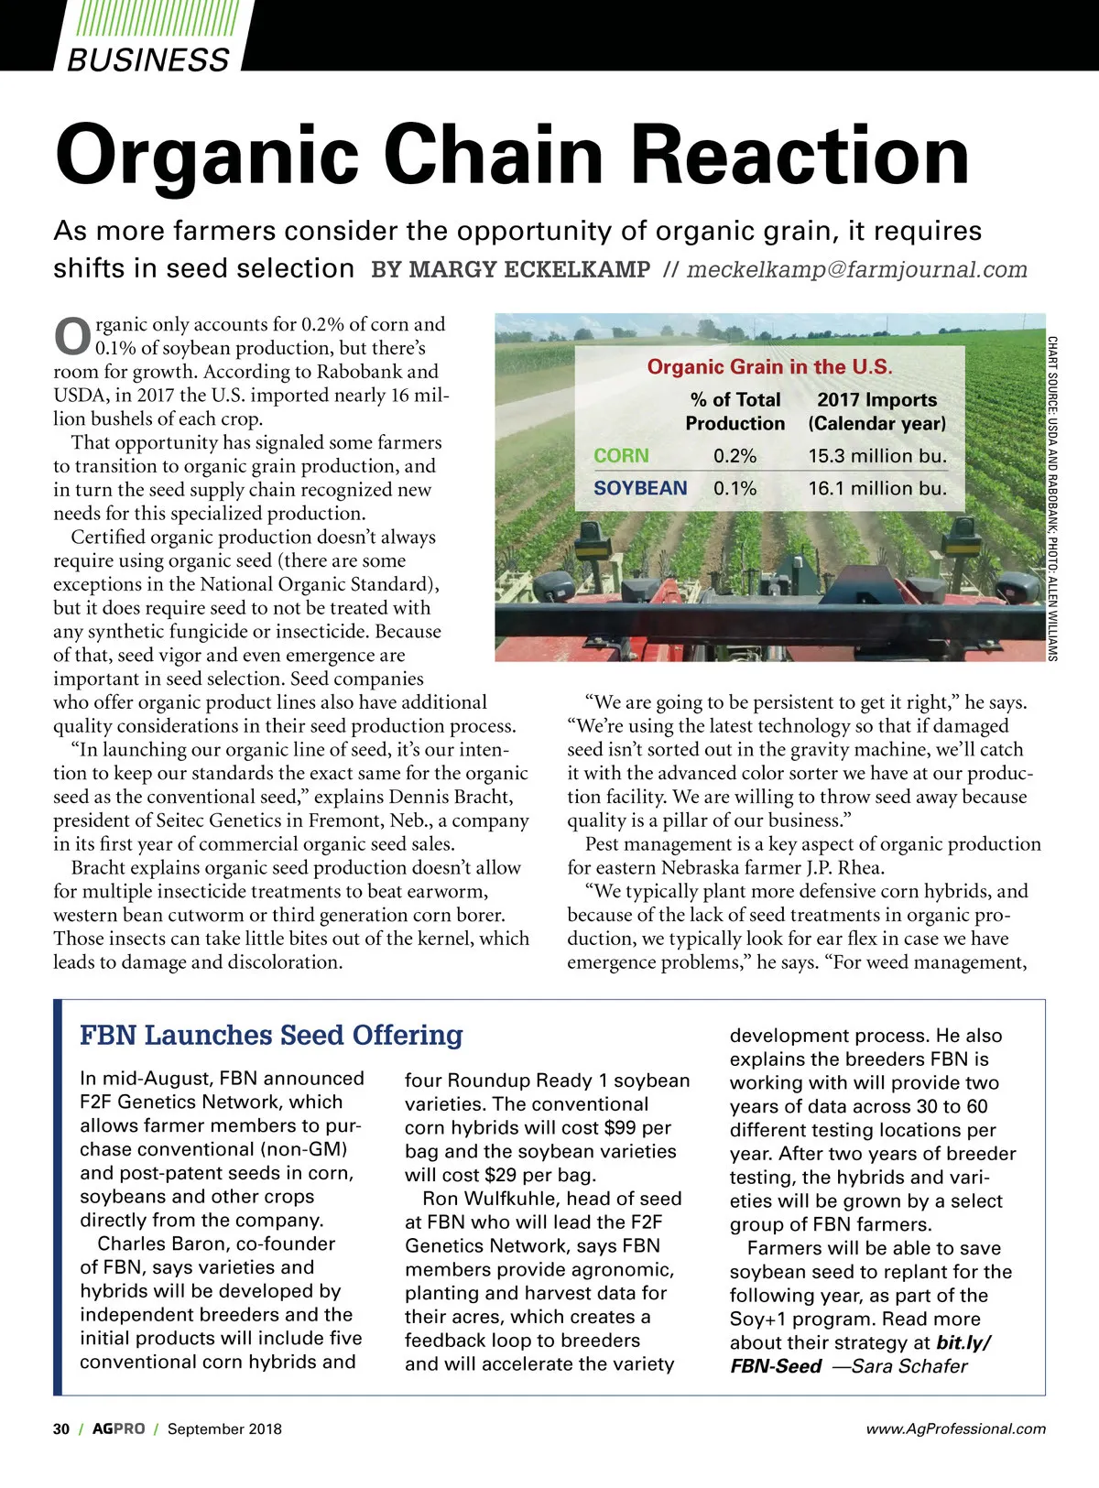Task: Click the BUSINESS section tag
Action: pos(148,60)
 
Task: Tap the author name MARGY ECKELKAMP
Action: pos(511,270)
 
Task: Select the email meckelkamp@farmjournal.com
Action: pos(856,270)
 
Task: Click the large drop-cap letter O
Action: pos(72,336)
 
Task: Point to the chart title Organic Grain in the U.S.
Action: pos(769,367)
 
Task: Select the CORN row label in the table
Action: pos(621,456)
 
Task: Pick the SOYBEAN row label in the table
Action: pos(640,488)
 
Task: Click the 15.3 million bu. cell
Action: pos(876,456)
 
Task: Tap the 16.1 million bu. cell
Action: pos(876,488)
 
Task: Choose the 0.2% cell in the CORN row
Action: pos(734,456)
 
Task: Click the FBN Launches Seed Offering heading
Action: pos(271,1035)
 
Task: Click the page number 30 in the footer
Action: pos(61,1428)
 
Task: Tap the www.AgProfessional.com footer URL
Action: pos(955,1428)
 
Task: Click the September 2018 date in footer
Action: pos(224,1428)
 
